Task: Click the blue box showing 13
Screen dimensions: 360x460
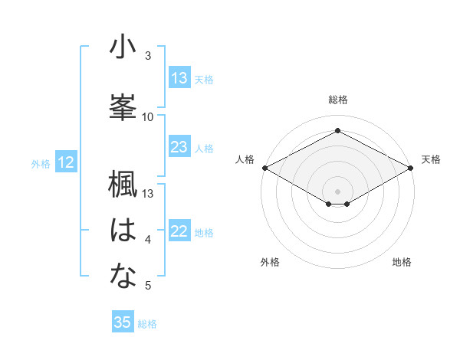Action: click(179, 78)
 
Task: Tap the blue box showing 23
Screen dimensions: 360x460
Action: click(179, 148)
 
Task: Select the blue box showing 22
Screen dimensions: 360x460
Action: click(179, 232)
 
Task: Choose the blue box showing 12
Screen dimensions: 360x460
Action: click(66, 162)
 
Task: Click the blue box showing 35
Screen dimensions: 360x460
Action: click(123, 322)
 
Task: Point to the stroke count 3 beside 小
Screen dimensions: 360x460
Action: click(148, 56)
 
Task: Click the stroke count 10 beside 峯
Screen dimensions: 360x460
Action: click(148, 116)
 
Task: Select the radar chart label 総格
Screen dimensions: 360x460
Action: click(337, 100)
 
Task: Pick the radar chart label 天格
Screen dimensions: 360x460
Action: click(431, 159)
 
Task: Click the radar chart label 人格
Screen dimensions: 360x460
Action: click(245, 159)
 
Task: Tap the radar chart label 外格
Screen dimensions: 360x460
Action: click(270, 262)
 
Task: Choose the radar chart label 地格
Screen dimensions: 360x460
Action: click(402, 262)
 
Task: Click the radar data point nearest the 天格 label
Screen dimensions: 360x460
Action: click(412, 168)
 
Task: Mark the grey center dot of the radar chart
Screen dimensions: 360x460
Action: click(337, 190)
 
